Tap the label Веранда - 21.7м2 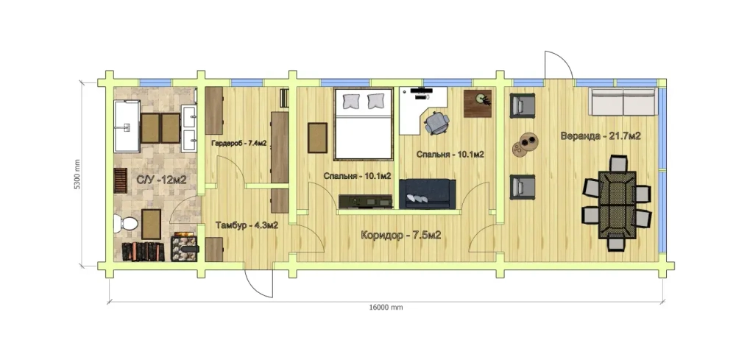601,136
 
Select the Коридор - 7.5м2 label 401,235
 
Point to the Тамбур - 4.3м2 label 247,225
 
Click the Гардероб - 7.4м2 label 239,143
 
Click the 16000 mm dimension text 386,308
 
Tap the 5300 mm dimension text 78,174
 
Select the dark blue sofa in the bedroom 427,193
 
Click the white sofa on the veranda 623,102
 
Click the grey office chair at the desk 437,122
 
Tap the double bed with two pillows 364,124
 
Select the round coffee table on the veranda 525,144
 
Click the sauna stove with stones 185,246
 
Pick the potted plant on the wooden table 482,99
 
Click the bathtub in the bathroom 127,126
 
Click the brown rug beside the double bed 317,138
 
